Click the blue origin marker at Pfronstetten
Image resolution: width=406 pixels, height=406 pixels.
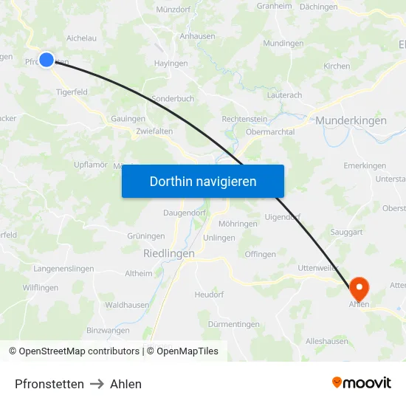pyautogui.click(x=47, y=60)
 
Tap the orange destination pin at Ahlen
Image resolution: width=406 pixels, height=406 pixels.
pyautogui.click(x=359, y=287)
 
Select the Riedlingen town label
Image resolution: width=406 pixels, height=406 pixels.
pyautogui.click(x=169, y=253)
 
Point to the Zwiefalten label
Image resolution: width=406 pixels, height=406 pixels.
pyautogui.click(x=154, y=131)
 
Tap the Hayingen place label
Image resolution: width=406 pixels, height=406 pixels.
pyautogui.click(x=171, y=63)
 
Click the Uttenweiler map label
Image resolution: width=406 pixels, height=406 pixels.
pyautogui.click(x=318, y=268)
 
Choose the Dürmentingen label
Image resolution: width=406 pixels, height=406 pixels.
pyautogui.click(x=234, y=324)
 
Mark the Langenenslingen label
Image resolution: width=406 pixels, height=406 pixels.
pyautogui.click(x=63, y=269)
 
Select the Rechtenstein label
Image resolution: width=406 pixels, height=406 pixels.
pyautogui.click(x=244, y=119)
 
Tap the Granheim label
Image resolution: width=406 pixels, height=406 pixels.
pyautogui.click(x=274, y=6)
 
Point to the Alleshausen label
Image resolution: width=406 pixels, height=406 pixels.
pyautogui.click(x=328, y=341)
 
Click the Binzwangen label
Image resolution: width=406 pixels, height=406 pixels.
pyautogui.click(x=108, y=330)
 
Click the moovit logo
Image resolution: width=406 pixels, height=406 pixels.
pyautogui.click(x=362, y=383)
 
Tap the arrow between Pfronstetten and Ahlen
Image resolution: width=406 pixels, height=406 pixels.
pyautogui.click(x=97, y=384)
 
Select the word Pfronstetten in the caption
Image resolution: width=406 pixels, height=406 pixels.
pyautogui.click(x=49, y=384)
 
